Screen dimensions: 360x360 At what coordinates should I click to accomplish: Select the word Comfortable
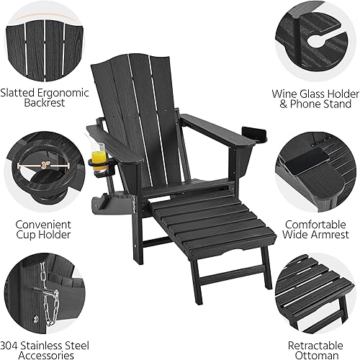pyautogui.click(x=317, y=223)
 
